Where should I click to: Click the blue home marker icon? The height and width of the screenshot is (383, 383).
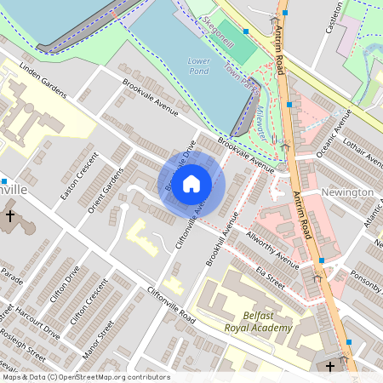click(x=191, y=184)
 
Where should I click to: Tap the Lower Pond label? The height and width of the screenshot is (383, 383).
click(x=198, y=66)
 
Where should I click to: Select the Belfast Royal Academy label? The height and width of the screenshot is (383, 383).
click(x=259, y=321)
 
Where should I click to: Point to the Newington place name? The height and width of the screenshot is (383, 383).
click(x=347, y=192)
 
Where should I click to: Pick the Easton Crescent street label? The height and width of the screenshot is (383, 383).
click(x=70, y=181)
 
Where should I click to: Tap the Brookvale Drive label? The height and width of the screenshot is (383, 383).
click(x=181, y=164)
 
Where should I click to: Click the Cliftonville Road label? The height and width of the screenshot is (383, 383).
click(x=171, y=306)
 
